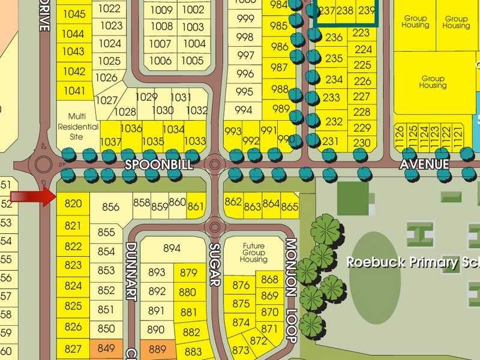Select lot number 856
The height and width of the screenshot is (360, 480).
click(x=111, y=207)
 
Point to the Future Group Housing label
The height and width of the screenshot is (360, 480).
click(x=254, y=253)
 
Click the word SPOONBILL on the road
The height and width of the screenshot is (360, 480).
click(x=151, y=164)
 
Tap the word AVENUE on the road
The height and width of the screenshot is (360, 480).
click(x=425, y=164)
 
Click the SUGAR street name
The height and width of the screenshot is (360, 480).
click(x=215, y=265)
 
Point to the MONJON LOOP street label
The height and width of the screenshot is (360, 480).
click(x=292, y=291)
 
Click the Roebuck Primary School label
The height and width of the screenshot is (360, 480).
click(x=414, y=263)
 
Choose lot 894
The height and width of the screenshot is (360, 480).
click(x=172, y=248)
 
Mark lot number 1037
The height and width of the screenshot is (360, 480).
click(x=110, y=142)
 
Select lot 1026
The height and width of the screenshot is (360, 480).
click(x=106, y=77)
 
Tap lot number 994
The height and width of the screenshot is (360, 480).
click(x=244, y=110)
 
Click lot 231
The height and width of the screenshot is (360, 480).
click(x=331, y=142)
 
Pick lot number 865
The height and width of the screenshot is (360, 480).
click(x=289, y=208)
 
